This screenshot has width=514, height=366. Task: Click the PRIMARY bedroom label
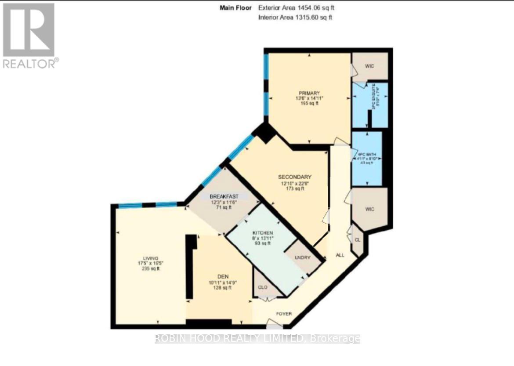click(309, 93)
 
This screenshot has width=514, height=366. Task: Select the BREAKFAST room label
click(224, 196)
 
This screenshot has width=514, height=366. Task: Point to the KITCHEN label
click(263, 232)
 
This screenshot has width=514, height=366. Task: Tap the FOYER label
click(283, 314)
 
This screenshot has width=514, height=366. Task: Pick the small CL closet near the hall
click(358, 240)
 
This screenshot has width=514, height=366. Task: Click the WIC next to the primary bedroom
click(370, 66)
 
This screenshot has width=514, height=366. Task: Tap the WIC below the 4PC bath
click(369, 209)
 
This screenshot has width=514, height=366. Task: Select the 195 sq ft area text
click(309, 104)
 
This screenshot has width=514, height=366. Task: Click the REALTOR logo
click(29, 36)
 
